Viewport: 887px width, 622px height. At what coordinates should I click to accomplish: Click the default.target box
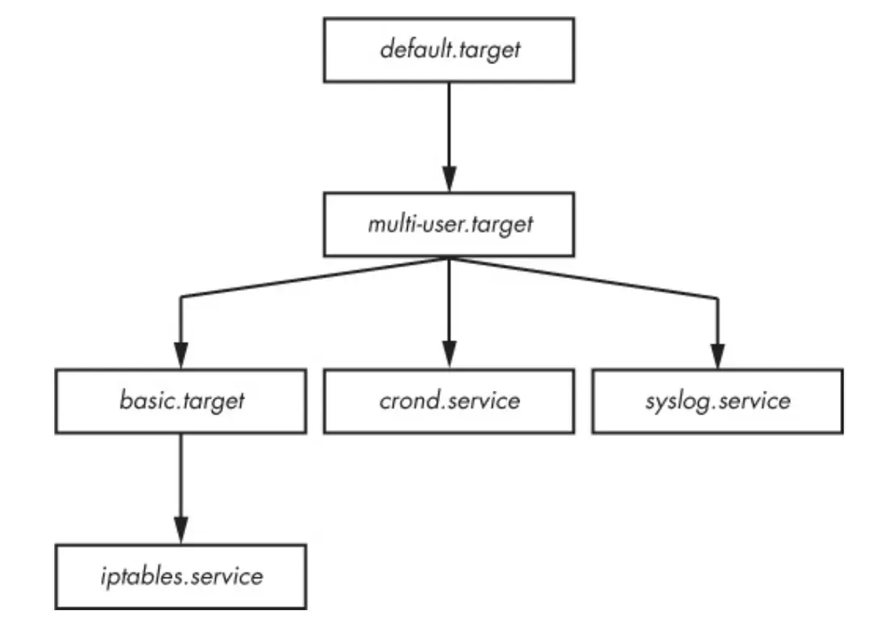tap(448, 50)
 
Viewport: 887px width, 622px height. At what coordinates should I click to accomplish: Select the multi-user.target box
tap(448, 224)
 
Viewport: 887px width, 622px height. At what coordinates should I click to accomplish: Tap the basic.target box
tap(180, 401)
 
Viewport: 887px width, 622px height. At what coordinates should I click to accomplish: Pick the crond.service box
tap(448, 401)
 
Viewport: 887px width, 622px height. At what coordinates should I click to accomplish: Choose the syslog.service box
tap(717, 401)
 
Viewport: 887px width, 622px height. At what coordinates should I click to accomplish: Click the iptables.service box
tap(180, 576)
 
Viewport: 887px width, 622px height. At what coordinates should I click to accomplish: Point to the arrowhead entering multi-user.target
tap(448, 179)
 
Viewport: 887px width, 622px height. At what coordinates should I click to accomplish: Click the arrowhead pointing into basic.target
tap(180, 355)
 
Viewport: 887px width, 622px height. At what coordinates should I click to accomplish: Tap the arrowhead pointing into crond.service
tap(448, 355)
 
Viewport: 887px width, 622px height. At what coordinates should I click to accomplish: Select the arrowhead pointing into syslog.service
tap(717, 355)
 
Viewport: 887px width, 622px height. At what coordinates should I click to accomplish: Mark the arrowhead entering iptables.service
tap(180, 531)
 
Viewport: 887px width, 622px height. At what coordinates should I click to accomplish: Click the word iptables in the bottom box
tap(139, 577)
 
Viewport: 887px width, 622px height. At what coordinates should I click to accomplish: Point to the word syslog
tap(677, 401)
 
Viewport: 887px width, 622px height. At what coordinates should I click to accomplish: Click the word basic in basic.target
tap(145, 401)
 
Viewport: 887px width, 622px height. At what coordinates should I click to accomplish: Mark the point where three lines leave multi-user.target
tap(448, 258)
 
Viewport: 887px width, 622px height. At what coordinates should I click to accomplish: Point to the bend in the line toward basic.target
tap(180, 299)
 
